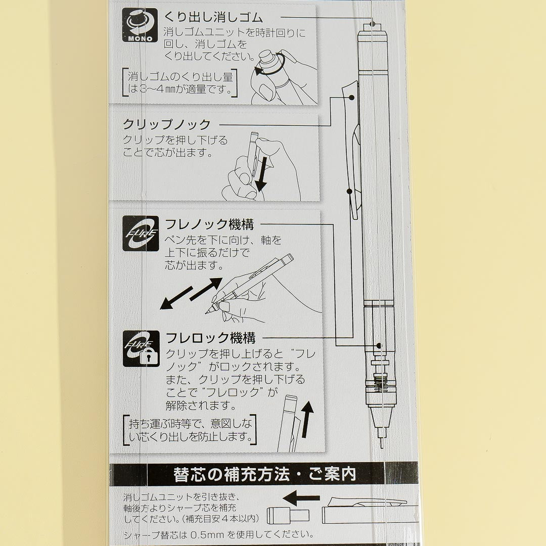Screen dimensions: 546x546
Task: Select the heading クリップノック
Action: coord(167,124)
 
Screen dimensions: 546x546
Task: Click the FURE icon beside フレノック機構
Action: coord(141,233)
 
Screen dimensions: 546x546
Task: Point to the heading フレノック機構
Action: coord(209,224)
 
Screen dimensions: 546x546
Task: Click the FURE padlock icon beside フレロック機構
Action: coord(141,348)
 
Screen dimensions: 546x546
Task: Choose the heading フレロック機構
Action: coord(211,338)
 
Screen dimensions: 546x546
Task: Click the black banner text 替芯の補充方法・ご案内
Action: coord(264,474)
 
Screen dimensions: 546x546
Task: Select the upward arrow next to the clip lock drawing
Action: coord(307,419)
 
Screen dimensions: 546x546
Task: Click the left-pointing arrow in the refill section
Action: coord(301,497)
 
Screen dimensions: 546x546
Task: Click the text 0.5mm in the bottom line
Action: coord(207,534)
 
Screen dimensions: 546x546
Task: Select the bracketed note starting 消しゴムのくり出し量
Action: coord(180,82)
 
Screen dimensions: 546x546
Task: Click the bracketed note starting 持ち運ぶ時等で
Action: coord(190,430)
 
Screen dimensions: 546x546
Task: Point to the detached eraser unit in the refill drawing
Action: coord(288,515)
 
